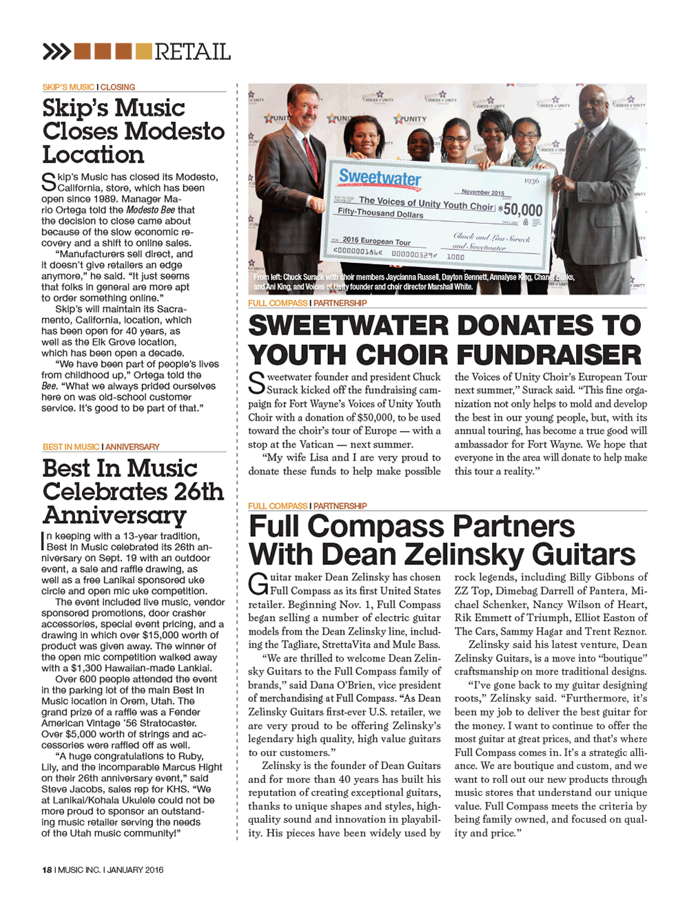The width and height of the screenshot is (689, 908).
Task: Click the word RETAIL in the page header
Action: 192,52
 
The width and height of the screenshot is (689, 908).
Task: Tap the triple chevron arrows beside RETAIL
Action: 56,52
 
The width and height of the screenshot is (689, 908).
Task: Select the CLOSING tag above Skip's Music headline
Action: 118,87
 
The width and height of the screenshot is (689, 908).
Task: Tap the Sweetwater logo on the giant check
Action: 379,178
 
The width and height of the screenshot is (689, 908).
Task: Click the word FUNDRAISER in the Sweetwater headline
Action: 548,355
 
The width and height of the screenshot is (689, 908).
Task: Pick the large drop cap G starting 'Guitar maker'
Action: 258,584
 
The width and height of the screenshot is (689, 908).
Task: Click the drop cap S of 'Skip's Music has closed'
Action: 48,182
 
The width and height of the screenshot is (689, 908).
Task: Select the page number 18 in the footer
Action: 47,869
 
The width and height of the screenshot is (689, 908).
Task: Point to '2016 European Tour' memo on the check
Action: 376,242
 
